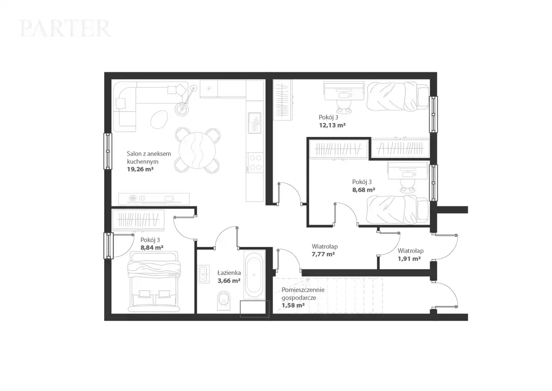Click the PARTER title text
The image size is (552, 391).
66,28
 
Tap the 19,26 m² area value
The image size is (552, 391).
140,169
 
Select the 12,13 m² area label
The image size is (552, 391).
332,125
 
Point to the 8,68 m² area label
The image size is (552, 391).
364,190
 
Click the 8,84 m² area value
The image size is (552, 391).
152,248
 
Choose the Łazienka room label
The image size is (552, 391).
229,273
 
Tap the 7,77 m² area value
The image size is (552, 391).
323,254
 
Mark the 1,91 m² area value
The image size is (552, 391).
409,259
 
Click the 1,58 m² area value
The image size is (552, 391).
293,306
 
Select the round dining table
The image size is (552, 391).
198,150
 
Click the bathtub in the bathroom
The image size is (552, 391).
254,275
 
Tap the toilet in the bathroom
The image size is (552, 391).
224,301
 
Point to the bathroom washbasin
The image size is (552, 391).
204,274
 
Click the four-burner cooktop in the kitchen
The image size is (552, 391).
255,162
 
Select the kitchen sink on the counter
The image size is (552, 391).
254,123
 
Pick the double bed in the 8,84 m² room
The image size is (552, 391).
154,281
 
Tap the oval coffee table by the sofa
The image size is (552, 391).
160,119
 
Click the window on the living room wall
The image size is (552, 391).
108,151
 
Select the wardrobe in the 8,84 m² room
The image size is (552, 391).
138,220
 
